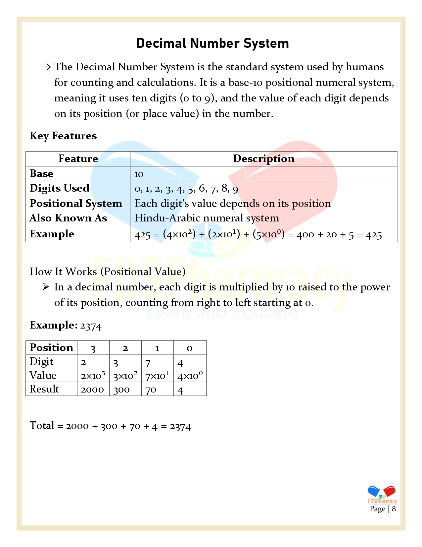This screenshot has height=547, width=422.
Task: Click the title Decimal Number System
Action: (x=212, y=43)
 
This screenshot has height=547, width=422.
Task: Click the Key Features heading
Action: (x=63, y=136)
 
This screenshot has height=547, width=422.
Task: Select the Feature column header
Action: (x=78, y=159)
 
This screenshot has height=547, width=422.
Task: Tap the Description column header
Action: (x=264, y=159)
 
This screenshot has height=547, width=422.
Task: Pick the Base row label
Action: (x=41, y=174)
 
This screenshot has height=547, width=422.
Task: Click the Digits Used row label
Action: (x=60, y=188)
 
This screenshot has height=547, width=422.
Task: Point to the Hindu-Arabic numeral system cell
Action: (x=207, y=218)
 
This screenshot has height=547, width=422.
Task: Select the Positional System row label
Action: (x=76, y=204)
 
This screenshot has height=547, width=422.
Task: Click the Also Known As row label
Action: (x=68, y=218)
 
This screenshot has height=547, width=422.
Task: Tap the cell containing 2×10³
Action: (x=93, y=376)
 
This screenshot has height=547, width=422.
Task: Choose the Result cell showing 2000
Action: (x=92, y=390)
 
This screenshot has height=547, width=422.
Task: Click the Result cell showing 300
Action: (x=121, y=390)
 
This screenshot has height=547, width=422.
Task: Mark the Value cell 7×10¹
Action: (x=157, y=376)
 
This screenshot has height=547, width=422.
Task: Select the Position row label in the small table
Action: (x=51, y=347)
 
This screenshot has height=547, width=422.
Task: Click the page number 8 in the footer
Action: (x=394, y=509)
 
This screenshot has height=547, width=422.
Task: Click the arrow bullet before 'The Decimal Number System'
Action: (x=46, y=67)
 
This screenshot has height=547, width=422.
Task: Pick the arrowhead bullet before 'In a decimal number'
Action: (x=46, y=287)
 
